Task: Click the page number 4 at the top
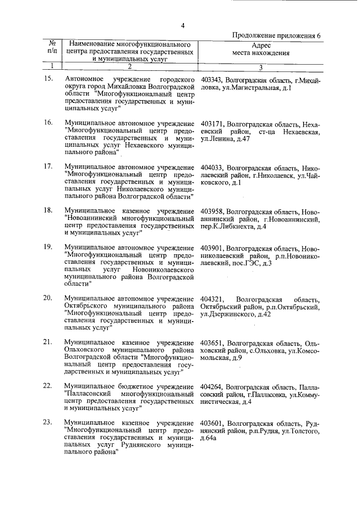[182, 25]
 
